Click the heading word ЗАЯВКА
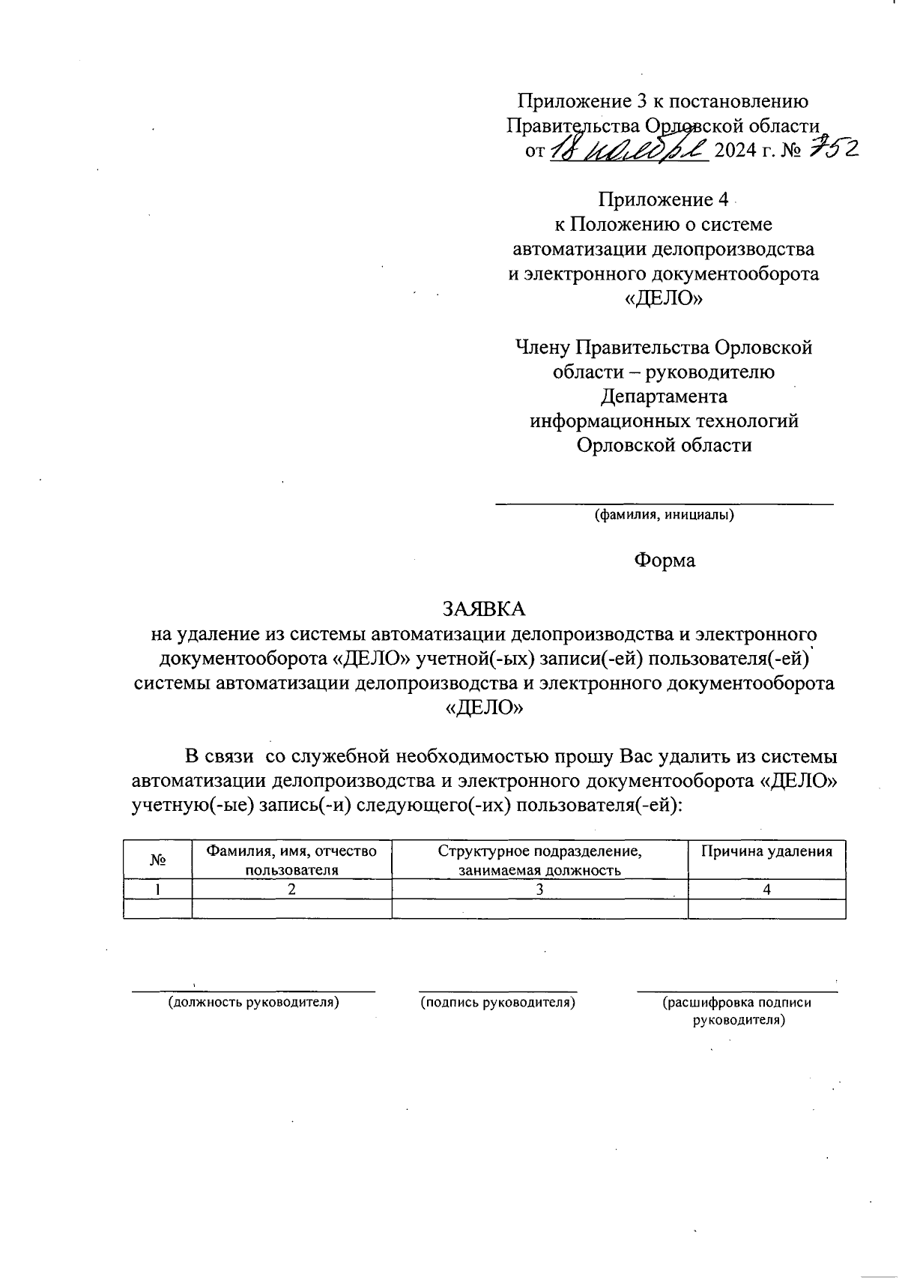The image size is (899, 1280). coord(484,608)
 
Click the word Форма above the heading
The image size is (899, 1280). coord(665,561)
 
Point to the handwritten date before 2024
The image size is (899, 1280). coord(629,150)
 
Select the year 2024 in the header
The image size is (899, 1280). coord(737,151)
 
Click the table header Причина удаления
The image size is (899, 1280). coord(766,851)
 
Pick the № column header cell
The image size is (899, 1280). coord(157,860)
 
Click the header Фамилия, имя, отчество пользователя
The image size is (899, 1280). coord(291,860)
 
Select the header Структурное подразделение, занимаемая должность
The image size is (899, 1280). coord(539,860)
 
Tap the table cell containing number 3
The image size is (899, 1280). coord(539,890)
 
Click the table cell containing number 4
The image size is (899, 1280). coord(766,890)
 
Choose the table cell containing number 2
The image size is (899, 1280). coord(291,890)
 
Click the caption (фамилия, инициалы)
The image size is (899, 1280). coord(664,516)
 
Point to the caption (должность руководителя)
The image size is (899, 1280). coord(253,1002)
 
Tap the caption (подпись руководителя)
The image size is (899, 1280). coord(497,1002)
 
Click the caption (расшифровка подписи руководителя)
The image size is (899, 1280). coord(737,1011)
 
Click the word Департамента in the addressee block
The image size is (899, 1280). coord(664,396)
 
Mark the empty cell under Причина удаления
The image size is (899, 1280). coord(766,908)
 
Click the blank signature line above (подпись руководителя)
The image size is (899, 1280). coord(497,991)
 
